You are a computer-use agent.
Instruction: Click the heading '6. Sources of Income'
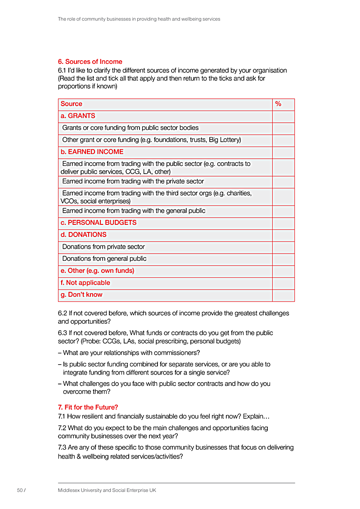pyautogui.click(x=90, y=62)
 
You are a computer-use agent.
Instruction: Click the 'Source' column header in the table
pyautogui.click(x=72, y=104)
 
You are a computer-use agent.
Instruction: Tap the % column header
pyautogui.click(x=278, y=104)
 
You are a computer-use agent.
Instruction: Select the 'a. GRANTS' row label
pyautogui.click(x=78, y=116)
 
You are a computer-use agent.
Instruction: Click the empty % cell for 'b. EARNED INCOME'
pyautogui.click(x=283, y=152)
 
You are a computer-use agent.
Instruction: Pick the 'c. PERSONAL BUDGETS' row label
pyautogui.click(x=99, y=223)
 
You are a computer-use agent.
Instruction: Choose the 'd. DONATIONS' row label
pyautogui.click(x=84, y=235)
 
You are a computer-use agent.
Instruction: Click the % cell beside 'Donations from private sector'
pyautogui.click(x=283, y=247)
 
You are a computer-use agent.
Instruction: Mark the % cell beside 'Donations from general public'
pyautogui.click(x=283, y=259)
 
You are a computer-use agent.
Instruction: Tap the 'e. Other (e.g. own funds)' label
pyautogui.click(x=97, y=271)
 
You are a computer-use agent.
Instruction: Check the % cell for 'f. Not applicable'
pyautogui.click(x=283, y=283)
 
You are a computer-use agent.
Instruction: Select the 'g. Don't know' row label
pyautogui.click(x=81, y=295)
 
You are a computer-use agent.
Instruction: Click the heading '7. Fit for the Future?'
pyautogui.click(x=88, y=407)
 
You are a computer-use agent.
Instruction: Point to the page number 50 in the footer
pyautogui.click(x=20, y=490)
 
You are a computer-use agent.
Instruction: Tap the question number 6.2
pyautogui.click(x=63, y=313)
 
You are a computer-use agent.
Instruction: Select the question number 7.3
pyautogui.click(x=63, y=447)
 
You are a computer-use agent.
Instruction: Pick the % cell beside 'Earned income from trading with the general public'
pyautogui.click(x=283, y=211)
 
